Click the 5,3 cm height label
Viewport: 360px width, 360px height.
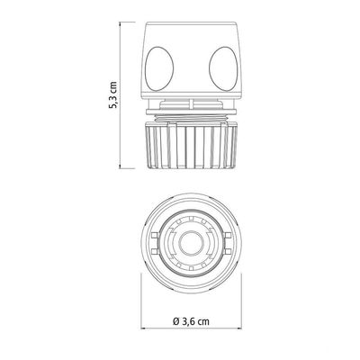click(113, 94)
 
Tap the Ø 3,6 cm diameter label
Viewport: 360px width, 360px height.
click(191, 321)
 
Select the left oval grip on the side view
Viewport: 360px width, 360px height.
click(159, 68)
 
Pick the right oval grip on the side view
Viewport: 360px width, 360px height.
click(223, 68)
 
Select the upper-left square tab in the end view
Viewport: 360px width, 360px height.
click(155, 235)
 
